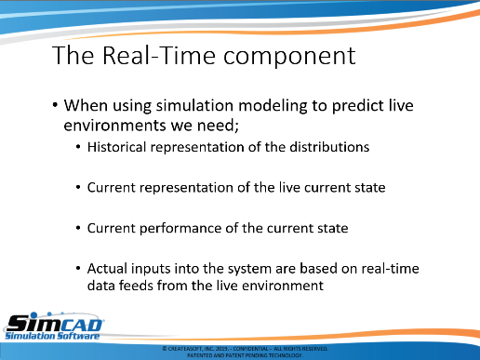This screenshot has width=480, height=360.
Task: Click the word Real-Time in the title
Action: coord(159,56)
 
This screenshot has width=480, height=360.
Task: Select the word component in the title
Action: coord(289,58)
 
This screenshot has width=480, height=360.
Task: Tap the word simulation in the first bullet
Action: coord(194,105)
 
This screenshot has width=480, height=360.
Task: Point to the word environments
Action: coord(114,126)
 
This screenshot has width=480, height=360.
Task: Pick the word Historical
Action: coord(116,147)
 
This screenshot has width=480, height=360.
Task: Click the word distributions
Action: coord(329,147)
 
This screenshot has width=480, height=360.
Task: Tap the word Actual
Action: coord(107,269)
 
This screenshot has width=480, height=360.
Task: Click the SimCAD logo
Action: coord(55,324)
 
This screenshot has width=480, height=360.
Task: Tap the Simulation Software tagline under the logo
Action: coord(52,336)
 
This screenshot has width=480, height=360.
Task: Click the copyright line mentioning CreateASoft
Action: coord(245,349)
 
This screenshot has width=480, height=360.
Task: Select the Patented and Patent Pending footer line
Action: coord(245,355)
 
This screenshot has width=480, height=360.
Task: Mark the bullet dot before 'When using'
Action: coord(55,105)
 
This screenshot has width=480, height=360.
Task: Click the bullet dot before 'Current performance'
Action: coord(78,228)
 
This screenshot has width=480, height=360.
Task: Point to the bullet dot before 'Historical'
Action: coord(78,147)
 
